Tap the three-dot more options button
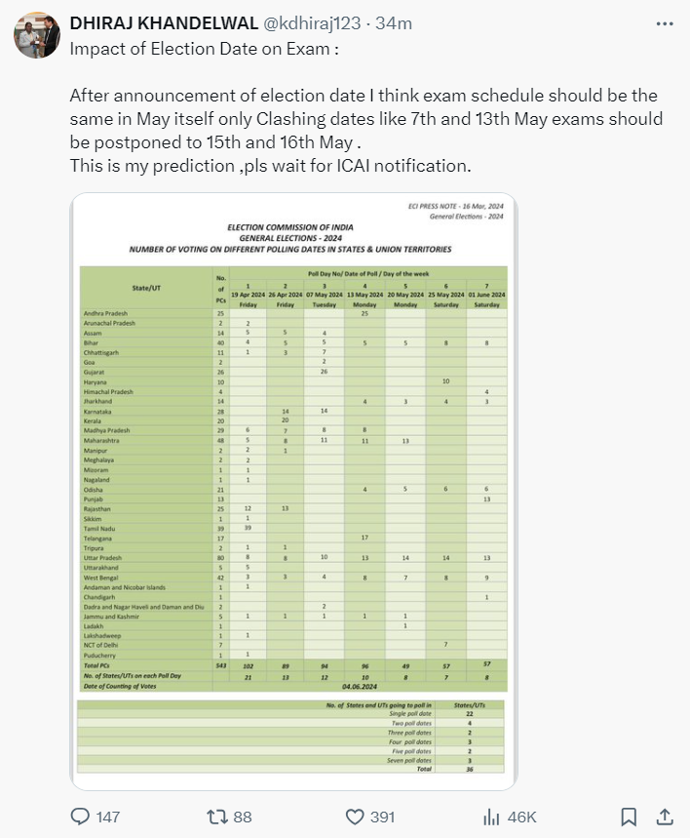pyautogui.click(x=666, y=22)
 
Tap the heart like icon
pyautogui.click(x=356, y=816)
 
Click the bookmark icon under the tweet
pyautogui.click(x=630, y=816)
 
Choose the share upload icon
pyautogui.click(x=665, y=816)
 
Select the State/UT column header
pyautogui.click(x=147, y=288)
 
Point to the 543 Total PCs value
pyautogui.click(x=221, y=665)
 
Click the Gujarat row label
pyautogui.click(x=94, y=372)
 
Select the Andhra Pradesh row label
pyautogui.click(x=103, y=312)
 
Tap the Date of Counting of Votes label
pyautogui.click(x=121, y=685)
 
